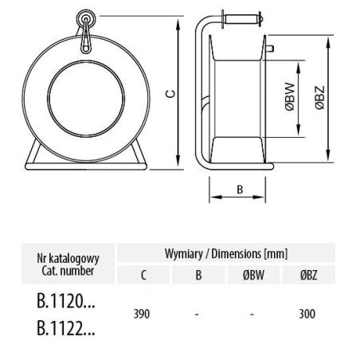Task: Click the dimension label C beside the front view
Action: [x=172, y=94]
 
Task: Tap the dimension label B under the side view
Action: [x=240, y=190]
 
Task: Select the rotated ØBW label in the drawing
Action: [x=290, y=96]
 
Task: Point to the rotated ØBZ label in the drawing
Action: [x=320, y=97]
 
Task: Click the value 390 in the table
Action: [x=142, y=314]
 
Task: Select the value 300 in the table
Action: [x=307, y=314]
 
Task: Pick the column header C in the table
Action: [x=143, y=275]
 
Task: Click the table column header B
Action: [x=198, y=275]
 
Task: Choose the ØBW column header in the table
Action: [x=253, y=275]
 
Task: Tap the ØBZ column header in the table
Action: [x=309, y=275]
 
